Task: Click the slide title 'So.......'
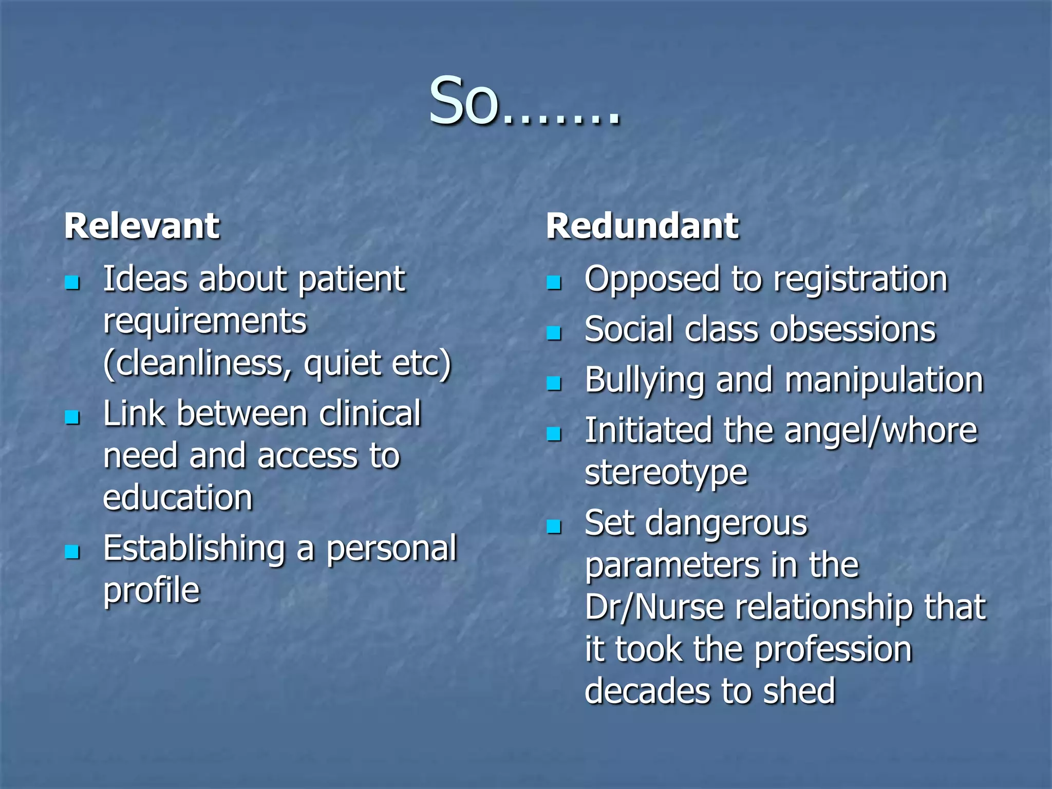[x=525, y=101]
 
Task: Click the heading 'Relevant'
[x=142, y=226]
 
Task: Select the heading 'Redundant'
[x=642, y=226]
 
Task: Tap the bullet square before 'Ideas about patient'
[x=72, y=283]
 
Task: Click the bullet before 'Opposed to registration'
[x=554, y=283]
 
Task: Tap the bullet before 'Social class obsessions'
[x=554, y=333]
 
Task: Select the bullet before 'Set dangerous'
[x=554, y=527]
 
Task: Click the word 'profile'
[x=152, y=591]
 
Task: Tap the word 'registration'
[x=860, y=280]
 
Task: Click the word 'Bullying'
[x=644, y=381]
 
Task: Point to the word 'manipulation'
[x=884, y=381]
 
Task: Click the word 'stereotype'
[x=666, y=474]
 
